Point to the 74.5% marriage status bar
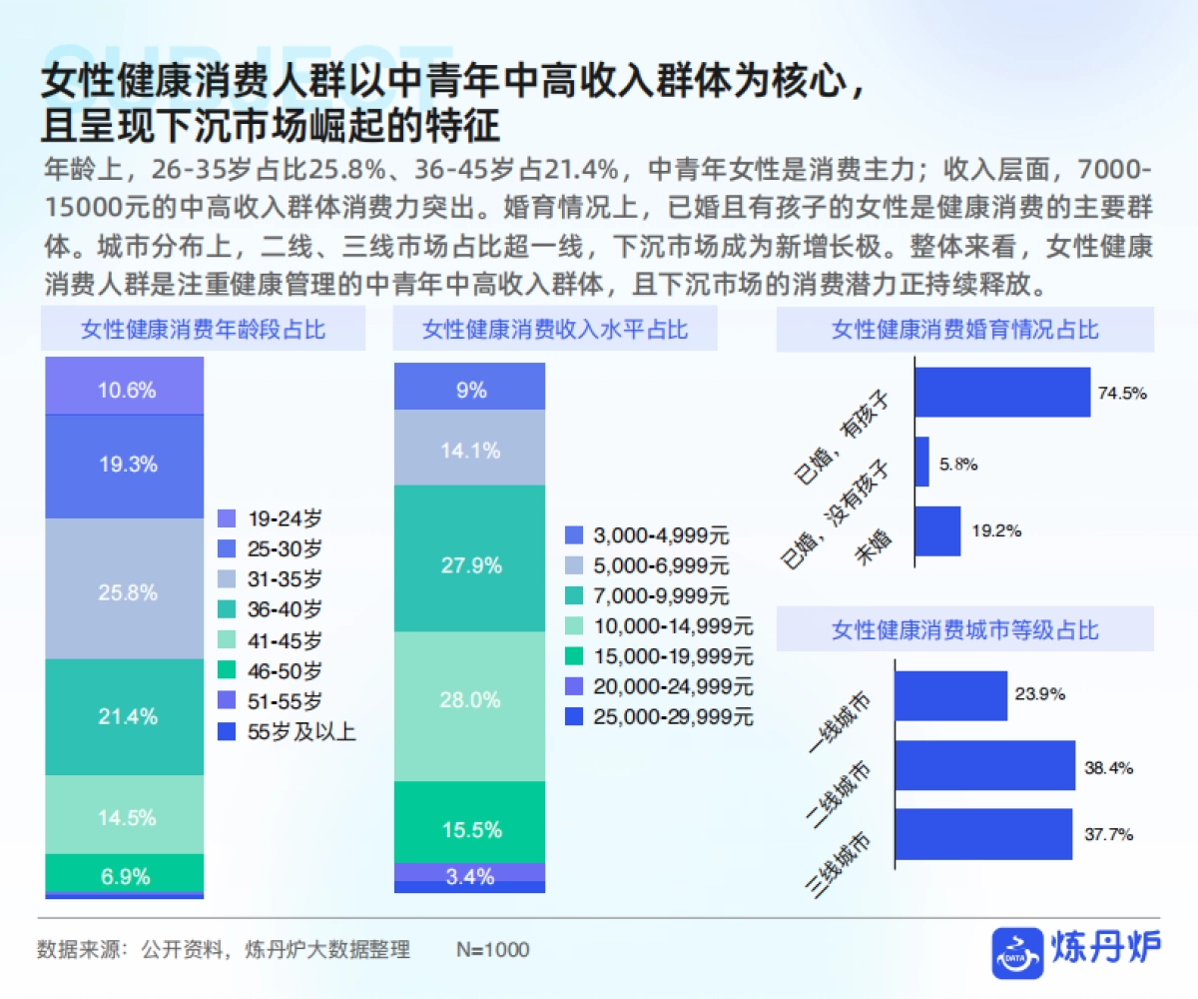[x=1002, y=393]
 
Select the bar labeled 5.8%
[x=921, y=463]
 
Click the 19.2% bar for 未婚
[x=937, y=531]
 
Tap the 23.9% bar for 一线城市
[x=950, y=696]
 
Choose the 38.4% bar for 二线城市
[x=984, y=765]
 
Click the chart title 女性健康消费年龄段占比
[x=204, y=330]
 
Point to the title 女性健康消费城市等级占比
[x=964, y=629]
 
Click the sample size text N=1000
[x=492, y=949]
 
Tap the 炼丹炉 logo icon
[x=1016, y=950]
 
